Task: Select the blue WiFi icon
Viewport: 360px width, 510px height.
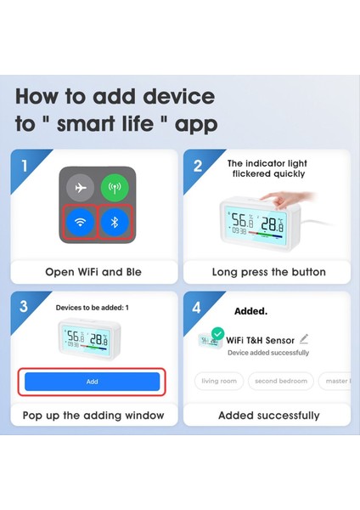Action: click(80, 224)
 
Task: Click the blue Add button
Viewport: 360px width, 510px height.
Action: click(92, 382)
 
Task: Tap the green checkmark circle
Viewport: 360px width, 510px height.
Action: click(218, 334)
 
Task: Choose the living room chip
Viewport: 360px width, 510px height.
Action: click(219, 382)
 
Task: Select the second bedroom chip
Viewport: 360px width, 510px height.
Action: click(282, 382)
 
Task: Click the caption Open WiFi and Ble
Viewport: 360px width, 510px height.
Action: click(93, 272)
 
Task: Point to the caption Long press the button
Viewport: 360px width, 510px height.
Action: click(268, 272)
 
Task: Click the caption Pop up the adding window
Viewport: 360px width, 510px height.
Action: click(93, 415)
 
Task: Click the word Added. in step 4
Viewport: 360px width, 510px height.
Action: click(251, 311)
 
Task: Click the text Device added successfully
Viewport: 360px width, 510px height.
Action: click(267, 353)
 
